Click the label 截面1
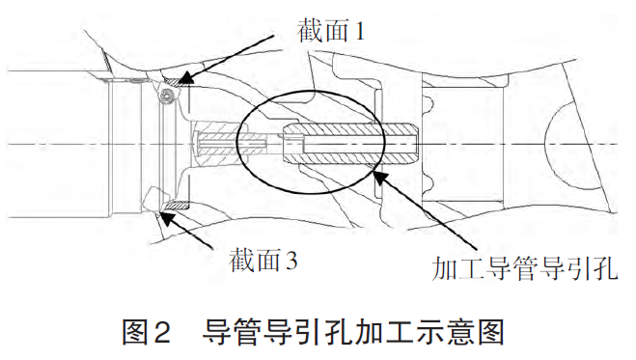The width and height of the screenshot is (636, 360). pos(331,31)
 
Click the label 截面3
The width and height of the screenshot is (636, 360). pos(263,261)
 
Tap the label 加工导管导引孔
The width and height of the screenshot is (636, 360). pos(525,268)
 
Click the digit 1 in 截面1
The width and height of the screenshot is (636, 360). pos(359,31)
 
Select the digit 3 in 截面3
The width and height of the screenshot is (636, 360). pos(291,261)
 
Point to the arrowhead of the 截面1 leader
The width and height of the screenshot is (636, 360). pos(182,78)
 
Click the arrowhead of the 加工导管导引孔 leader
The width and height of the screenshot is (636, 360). pos(379,178)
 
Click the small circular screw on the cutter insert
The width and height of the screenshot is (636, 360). pos(166,96)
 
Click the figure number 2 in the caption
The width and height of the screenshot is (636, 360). pos(161,333)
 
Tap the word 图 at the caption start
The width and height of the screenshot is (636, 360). pos(135,332)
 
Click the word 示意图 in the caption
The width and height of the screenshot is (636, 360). pos(465,332)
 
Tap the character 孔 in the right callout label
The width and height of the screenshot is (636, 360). pos(605,268)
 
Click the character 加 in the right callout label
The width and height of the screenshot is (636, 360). pos(445,268)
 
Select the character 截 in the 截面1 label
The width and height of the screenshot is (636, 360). pos(310,31)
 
